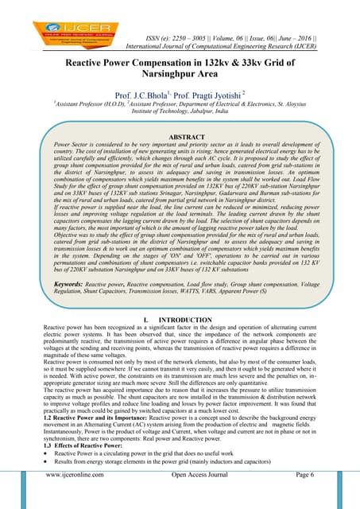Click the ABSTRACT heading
click(179, 137)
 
